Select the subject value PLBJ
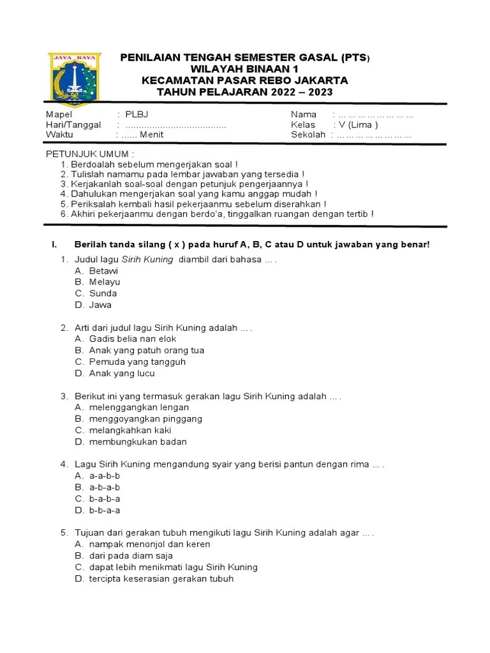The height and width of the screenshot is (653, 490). pos(137,114)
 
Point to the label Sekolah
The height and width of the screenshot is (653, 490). pos(308,135)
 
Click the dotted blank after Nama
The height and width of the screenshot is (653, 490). pos(376,115)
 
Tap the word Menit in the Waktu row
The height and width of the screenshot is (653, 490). pos(152,135)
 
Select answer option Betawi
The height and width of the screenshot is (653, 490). pos(103,270)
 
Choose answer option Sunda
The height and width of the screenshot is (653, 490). pos(103,293)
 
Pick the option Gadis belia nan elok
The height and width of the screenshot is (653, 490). pos(133,339)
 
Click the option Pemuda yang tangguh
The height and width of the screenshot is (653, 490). pos(137,362)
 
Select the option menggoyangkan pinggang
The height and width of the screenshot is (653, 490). pos(145,419)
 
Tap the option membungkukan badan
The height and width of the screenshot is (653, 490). pos(138,442)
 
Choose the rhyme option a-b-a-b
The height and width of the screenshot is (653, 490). pos(105,487)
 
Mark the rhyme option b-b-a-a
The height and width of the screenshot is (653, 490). pos(105,510)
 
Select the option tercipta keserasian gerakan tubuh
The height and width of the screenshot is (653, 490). pos(161,578)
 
